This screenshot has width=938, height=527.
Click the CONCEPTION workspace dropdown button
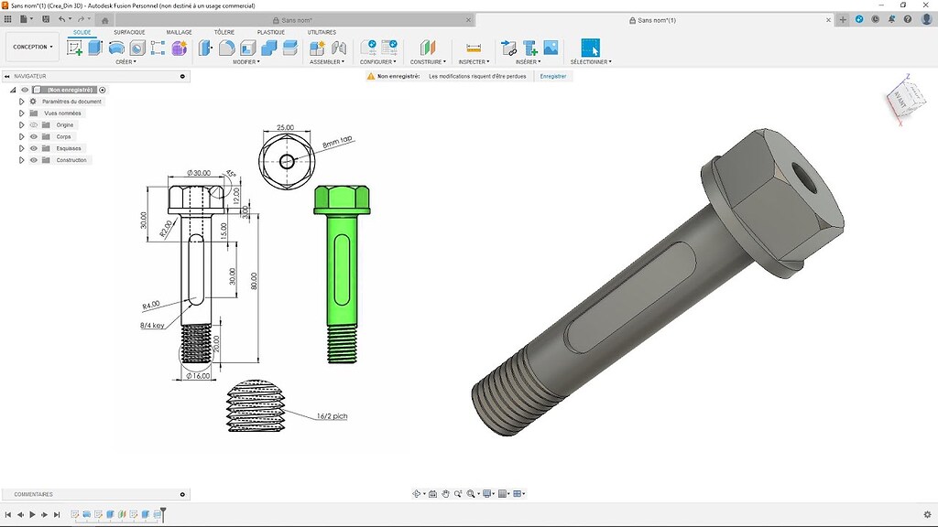click(33, 47)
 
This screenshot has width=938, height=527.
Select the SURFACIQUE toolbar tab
click(129, 32)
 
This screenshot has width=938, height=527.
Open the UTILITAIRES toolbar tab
click(322, 32)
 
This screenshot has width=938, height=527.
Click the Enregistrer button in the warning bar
click(552, 77)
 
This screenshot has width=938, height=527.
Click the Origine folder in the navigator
click(64, 124)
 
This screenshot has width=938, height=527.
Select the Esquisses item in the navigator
click(69, 148)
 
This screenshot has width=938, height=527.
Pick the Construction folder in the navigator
click(71, 160)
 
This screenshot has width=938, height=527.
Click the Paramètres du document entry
click(72, 102)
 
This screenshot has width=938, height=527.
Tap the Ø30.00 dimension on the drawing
click(198, 173)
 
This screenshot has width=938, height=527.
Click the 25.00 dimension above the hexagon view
click(285, 128)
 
